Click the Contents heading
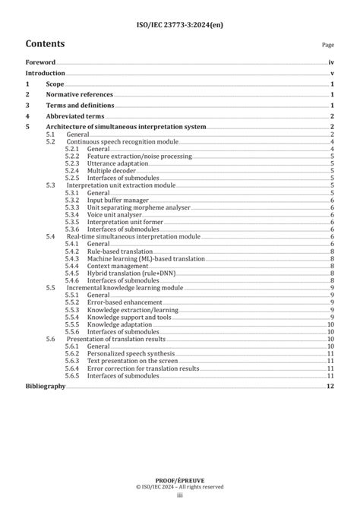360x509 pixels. pos(45,43)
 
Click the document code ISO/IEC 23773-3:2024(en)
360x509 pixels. pos(180,25)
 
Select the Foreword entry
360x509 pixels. pos(40,62)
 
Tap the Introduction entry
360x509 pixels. pos(45,73)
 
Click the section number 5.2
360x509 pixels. pos(50,141)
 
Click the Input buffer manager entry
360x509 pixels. pos(118,200)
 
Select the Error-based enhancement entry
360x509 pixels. pos(124,302)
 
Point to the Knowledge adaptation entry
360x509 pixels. pos(120,324)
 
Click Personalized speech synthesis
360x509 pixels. pos(131,353)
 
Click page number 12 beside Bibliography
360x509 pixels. pos(330,387)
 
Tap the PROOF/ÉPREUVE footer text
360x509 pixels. pos(180,480)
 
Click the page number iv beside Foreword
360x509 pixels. pos(331,62)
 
